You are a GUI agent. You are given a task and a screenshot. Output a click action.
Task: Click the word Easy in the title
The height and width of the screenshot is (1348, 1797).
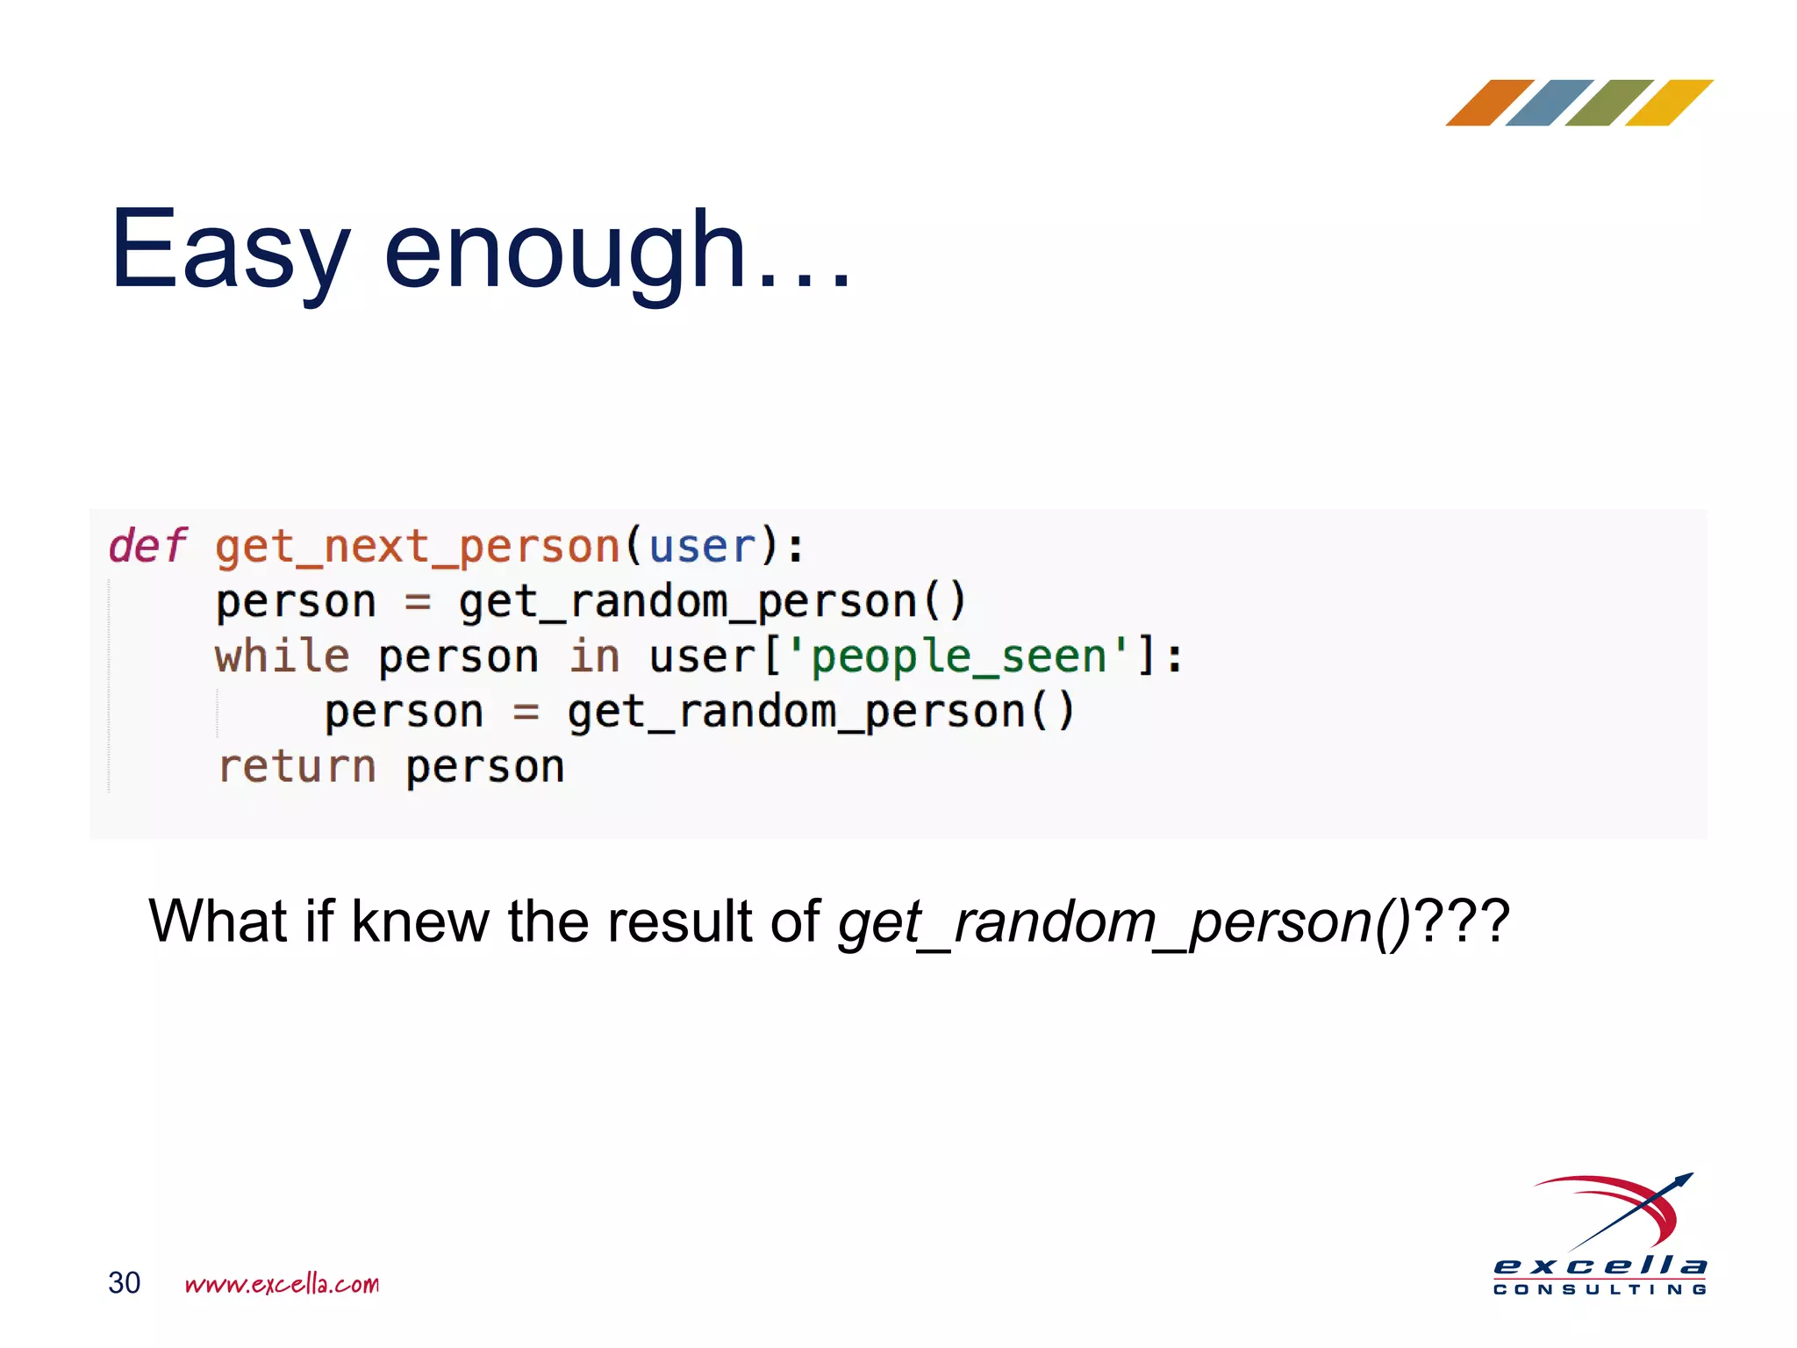(230, 252)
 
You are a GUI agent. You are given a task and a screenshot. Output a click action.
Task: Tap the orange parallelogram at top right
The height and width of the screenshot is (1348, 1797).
(1489, 103)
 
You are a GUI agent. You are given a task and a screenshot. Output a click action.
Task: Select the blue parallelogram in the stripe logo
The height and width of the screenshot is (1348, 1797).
(1549, 103)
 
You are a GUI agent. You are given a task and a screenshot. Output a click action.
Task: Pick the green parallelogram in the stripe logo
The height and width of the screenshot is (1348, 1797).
(1608, 103)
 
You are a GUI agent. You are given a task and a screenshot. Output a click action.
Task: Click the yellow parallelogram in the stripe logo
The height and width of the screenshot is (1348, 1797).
(1668, 103)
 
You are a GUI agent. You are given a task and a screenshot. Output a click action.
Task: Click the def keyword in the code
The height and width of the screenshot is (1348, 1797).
(147, 546)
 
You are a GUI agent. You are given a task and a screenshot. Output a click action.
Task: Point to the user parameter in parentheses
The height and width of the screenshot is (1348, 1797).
(701, 546)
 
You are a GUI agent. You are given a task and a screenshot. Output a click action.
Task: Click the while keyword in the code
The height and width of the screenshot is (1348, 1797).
(282, 656)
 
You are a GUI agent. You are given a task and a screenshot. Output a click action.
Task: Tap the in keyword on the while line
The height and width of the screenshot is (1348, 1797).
(594, 656)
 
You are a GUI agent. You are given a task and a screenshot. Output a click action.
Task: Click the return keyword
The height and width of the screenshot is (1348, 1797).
(297, 766)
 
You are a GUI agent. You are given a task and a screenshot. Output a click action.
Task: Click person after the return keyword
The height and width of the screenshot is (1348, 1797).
(484, 768)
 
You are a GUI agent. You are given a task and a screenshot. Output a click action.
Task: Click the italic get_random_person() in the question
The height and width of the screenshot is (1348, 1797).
(1123, 921)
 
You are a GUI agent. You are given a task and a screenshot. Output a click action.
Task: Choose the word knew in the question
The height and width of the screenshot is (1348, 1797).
(419, 921)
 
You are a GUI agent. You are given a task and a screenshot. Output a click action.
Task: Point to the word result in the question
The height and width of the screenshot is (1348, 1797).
(679, 921)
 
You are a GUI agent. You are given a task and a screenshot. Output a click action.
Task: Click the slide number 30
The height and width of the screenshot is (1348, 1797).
(124, 1282)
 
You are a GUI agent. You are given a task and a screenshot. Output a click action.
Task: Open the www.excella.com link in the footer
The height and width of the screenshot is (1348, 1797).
(282, 1284)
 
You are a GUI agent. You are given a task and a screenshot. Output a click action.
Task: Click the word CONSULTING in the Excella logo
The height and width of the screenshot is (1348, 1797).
(1600, 1289)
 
